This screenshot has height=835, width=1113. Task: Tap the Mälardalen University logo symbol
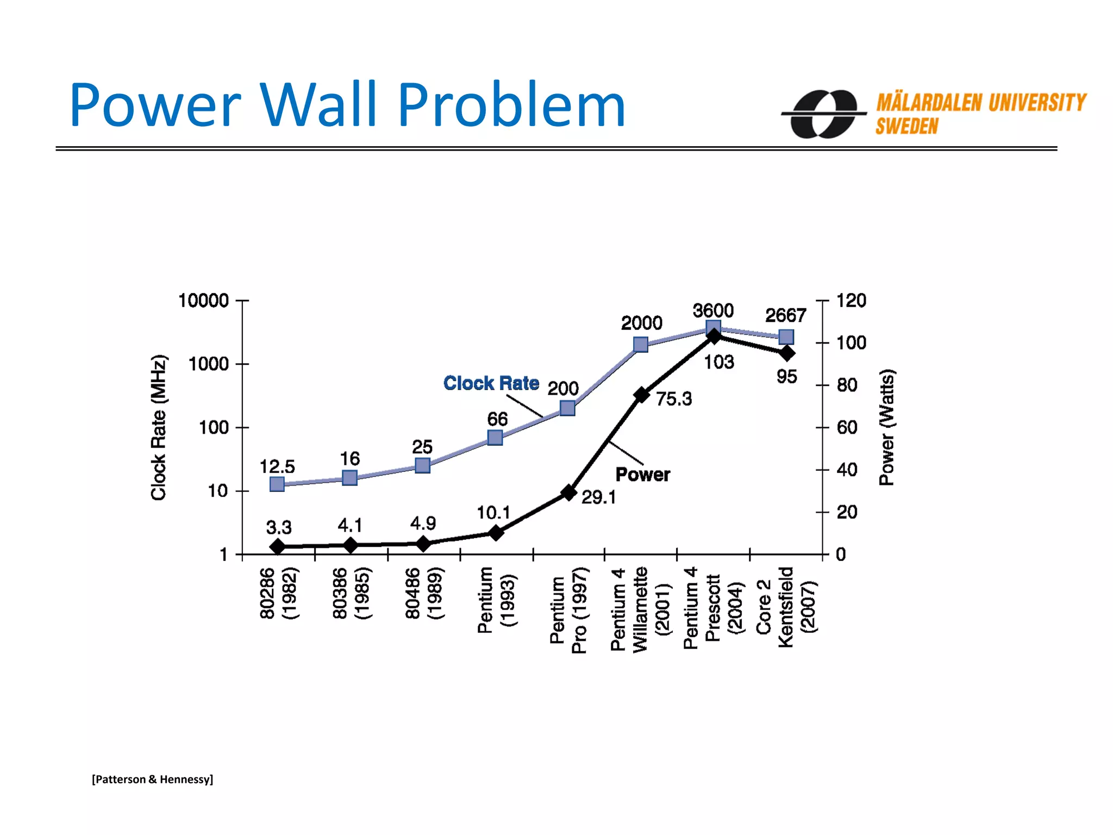(823, 114)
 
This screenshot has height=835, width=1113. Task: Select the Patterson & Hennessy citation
(152, 779)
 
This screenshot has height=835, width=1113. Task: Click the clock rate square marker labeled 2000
(641, 345)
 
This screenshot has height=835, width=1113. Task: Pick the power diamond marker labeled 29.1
(568, 493)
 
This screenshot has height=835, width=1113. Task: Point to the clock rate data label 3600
(713, 310)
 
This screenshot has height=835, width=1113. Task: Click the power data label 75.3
(674, 399)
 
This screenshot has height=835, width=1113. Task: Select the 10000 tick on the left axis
(204, 300)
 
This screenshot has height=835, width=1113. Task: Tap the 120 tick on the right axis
(851, 300)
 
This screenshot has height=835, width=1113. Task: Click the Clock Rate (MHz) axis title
(158, 427)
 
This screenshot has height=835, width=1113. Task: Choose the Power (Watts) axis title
(886, 427)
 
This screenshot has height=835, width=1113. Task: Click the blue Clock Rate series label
(491, 383)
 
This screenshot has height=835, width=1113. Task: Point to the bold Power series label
(642, 475)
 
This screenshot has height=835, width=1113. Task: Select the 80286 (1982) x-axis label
(279, 593)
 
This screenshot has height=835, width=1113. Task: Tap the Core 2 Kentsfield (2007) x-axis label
(786, 607)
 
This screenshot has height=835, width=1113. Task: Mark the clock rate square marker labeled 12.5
(277, 484)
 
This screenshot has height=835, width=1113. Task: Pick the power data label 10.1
(493, 513)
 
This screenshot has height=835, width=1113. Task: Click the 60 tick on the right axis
(847, 427)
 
